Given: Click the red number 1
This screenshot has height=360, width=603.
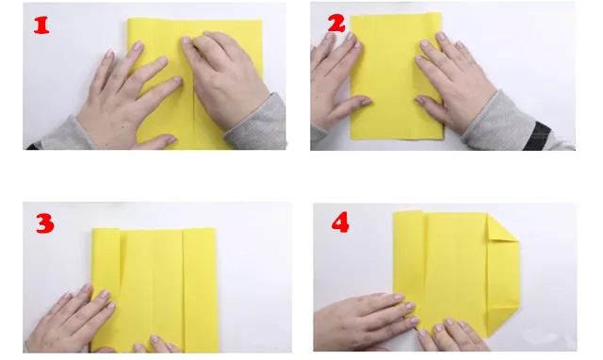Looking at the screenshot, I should [41, 25].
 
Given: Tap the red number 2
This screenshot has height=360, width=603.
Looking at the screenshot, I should [335, 22].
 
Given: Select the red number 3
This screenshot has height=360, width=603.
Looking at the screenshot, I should [43, 224].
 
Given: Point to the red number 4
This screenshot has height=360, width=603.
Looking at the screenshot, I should [340, 223].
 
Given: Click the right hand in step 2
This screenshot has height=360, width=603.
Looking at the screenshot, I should [457, 85].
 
